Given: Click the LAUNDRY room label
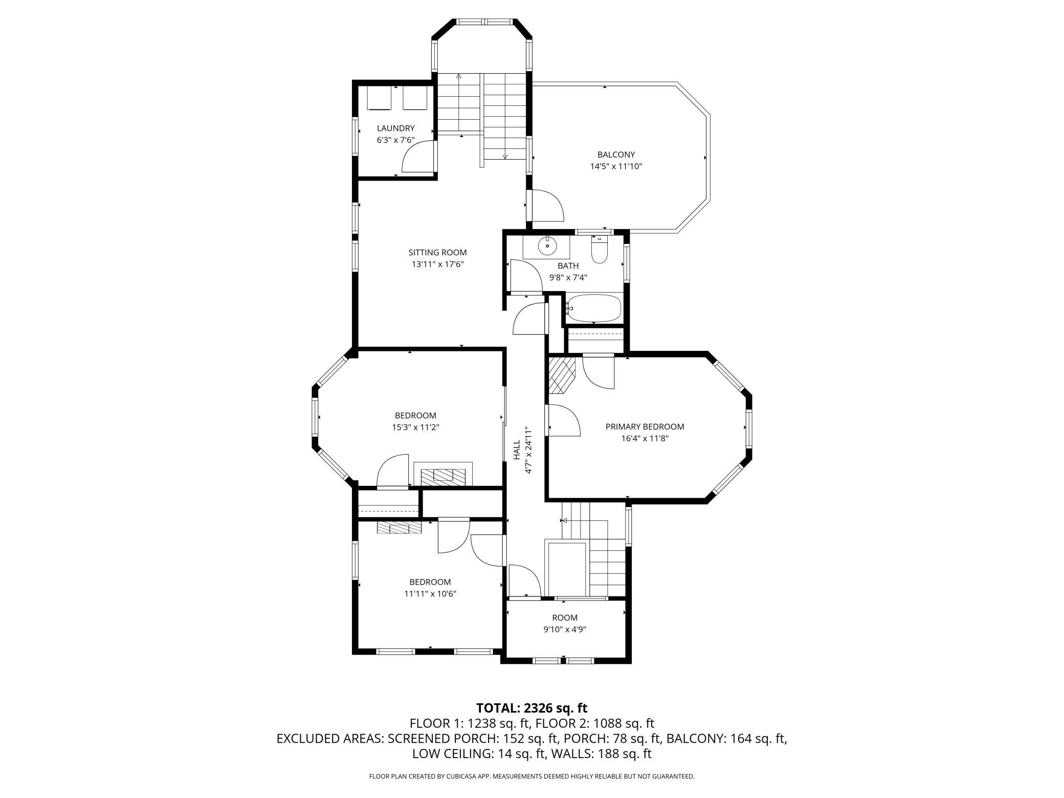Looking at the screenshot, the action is (395, 128).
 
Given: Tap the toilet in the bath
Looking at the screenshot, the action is (599, 250).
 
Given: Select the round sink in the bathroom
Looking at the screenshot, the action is (547, 247).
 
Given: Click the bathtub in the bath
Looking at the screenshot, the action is (593, 308).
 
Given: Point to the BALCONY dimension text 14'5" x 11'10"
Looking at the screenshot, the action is (616, 166).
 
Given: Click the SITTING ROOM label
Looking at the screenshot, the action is (437, 252).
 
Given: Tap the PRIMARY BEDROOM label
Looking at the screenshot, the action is (645, 427).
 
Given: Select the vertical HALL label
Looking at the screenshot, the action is (517, 450).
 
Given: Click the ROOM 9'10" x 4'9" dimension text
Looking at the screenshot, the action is (565, 630).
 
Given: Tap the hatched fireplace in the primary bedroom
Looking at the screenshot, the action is (562, 375).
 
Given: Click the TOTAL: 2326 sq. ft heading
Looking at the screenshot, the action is (531, 708).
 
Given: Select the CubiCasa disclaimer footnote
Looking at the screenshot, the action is (531, 777).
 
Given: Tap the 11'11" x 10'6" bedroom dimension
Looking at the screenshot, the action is (430, 594).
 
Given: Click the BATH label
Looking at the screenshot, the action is (568, 265).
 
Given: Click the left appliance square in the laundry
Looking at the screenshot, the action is (380, 98).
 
